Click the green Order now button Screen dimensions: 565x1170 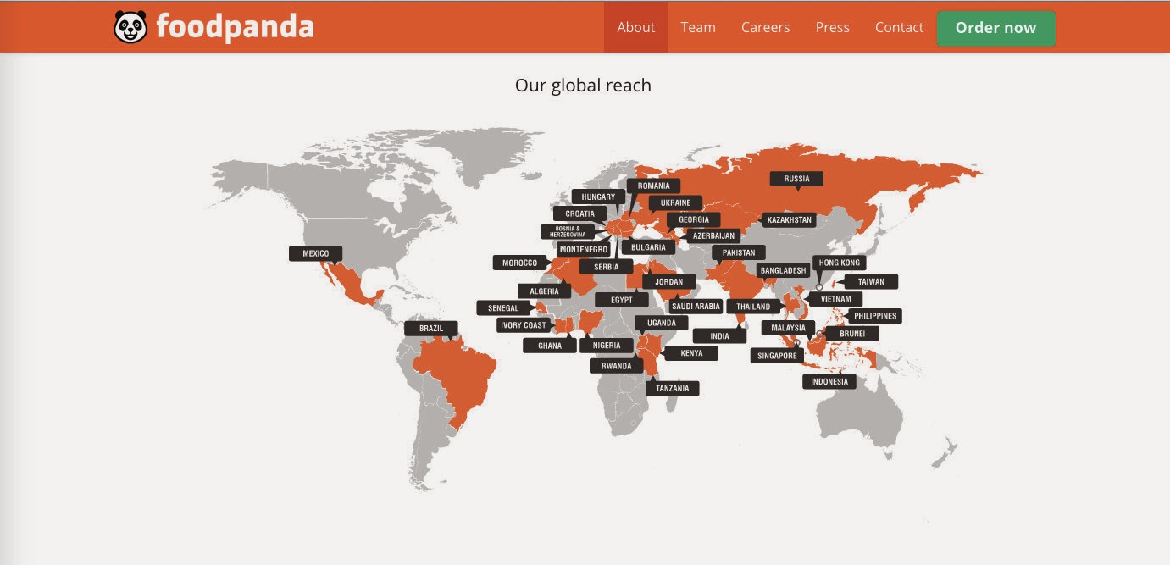pos(995,28)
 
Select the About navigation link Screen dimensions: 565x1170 pos(635,27)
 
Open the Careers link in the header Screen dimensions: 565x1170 pos(765,27)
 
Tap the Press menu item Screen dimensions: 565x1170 pos(832,27)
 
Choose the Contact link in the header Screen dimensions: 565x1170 pos(899,27)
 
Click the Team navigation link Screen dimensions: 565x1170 pos(698,27)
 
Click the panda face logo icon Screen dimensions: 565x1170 pos(130,27)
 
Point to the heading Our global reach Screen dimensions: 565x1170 pos(583,86)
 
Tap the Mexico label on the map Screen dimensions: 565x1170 pos(315,253)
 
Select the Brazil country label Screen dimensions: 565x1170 pos(431,328)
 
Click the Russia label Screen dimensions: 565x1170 pos(796,179)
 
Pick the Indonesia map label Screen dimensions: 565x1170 pos(829,381)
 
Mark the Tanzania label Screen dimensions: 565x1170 pos(673,389)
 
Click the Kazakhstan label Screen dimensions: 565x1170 pos(789,220)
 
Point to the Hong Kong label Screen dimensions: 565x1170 pos(839,263)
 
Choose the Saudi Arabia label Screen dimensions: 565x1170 pos(696,307)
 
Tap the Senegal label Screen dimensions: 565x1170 pos(503,308)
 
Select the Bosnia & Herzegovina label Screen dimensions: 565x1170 pos(568,231)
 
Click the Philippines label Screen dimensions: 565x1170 pos(874,316)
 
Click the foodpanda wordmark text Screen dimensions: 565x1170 pos(235,27)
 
